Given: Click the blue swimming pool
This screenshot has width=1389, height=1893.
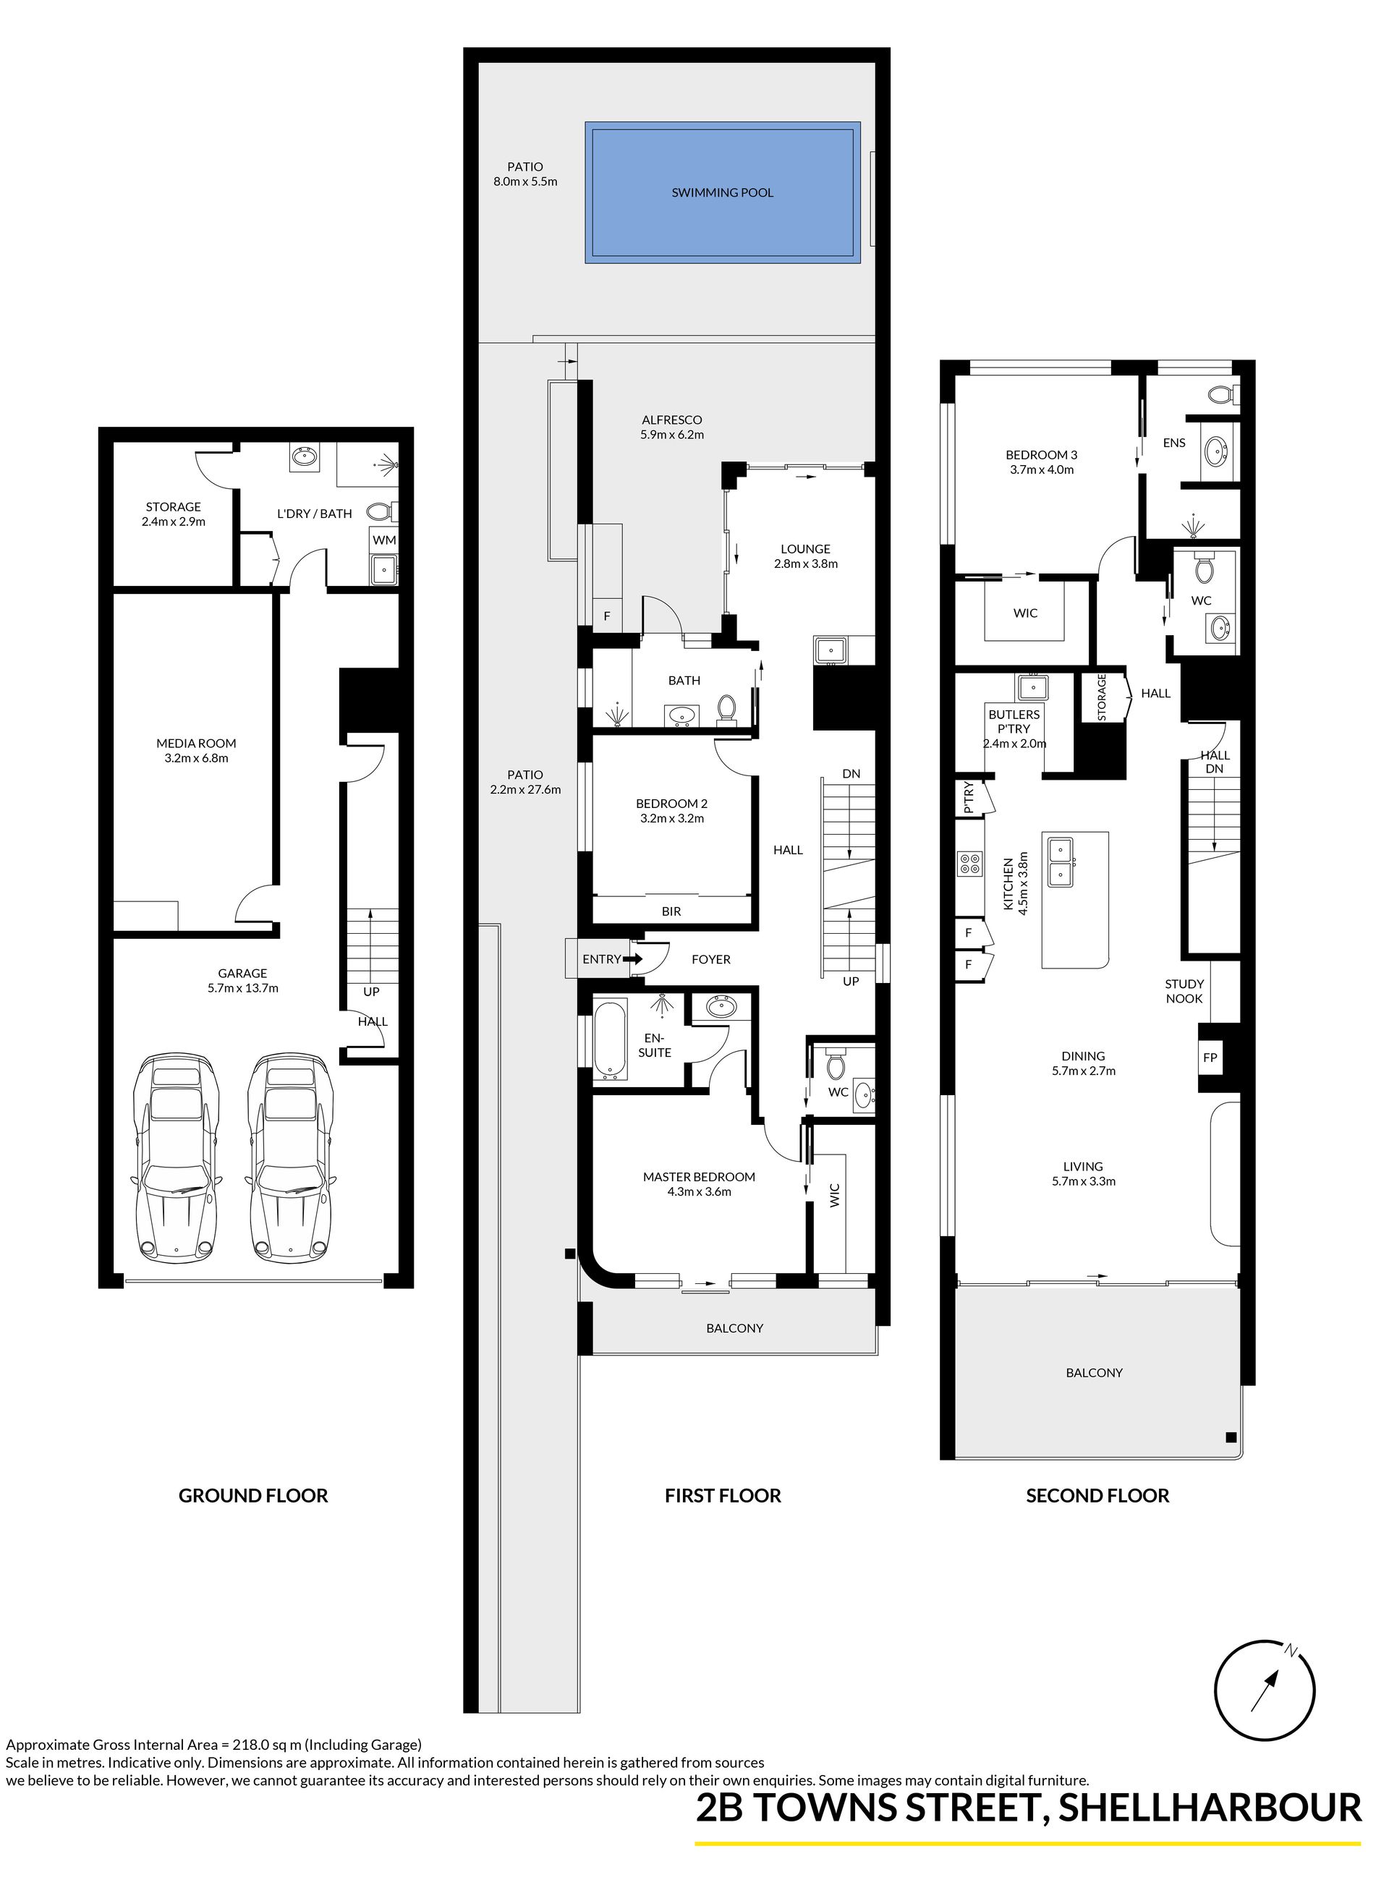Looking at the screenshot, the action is (x=722, y=193).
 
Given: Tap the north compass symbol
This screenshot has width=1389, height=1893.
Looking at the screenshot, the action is (x=1265, y=1690).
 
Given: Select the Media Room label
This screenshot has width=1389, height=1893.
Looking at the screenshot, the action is (x=196, y=743).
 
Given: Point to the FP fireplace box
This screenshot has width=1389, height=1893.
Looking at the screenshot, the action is (x=1210, y=1058).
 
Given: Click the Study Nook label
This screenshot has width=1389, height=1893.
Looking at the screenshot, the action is (x=1184, y=991).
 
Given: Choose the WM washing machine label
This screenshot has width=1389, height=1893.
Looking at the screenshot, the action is (x=384, y=540).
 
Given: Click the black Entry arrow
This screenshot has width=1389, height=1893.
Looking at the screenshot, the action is (x=633, y=958).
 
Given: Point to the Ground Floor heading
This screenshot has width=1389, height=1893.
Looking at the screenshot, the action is (x=253, y=1495).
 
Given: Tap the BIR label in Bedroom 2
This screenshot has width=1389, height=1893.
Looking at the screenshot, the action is (x=671, y=911).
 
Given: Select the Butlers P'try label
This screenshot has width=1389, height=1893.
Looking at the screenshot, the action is (x=1014, y=721).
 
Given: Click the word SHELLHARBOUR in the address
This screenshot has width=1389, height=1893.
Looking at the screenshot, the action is (x=1210, y=1807).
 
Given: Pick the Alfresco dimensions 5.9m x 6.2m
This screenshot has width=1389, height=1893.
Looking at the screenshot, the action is (x=672, y=435).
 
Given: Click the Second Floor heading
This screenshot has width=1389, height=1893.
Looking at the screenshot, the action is (x=1097, y=1495).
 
